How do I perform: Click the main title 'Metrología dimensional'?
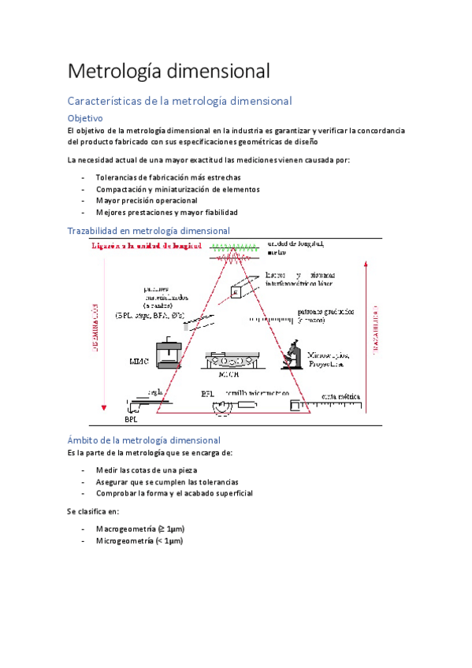[x=169, y=71]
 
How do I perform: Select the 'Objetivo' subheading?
[x=85, y=117]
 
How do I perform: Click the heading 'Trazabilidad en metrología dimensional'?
[x=148, y=231]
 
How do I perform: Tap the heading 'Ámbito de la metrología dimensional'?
[x=143, y=440]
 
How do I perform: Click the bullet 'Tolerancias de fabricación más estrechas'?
[x=168, y=177]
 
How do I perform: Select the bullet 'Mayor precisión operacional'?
[x=147, y=200]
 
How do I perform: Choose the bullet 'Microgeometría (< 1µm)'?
[x=139, y=541]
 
